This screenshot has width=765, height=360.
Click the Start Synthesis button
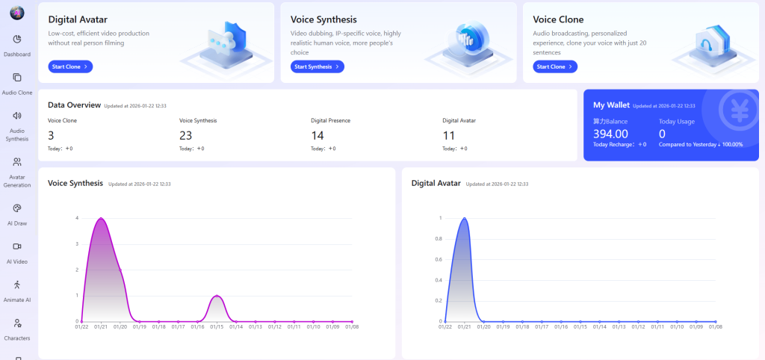click(x=317, y=66)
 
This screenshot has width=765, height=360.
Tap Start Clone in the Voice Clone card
click(x=555, y=66)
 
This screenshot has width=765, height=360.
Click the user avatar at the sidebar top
click(x=17, y=12)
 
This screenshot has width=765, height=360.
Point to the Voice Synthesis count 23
click(x=186, y=135)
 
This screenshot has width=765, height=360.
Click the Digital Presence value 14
click(x=318, y=135)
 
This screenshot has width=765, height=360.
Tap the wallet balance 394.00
click(x=610, y=134)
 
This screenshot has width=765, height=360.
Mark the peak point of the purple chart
click(x=101, y=218)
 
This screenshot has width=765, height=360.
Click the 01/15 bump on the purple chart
click(x=217, y=296)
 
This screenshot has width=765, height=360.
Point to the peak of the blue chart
click(x=465, y=218)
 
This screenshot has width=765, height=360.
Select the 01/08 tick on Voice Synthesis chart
click(x=352, y=326)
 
